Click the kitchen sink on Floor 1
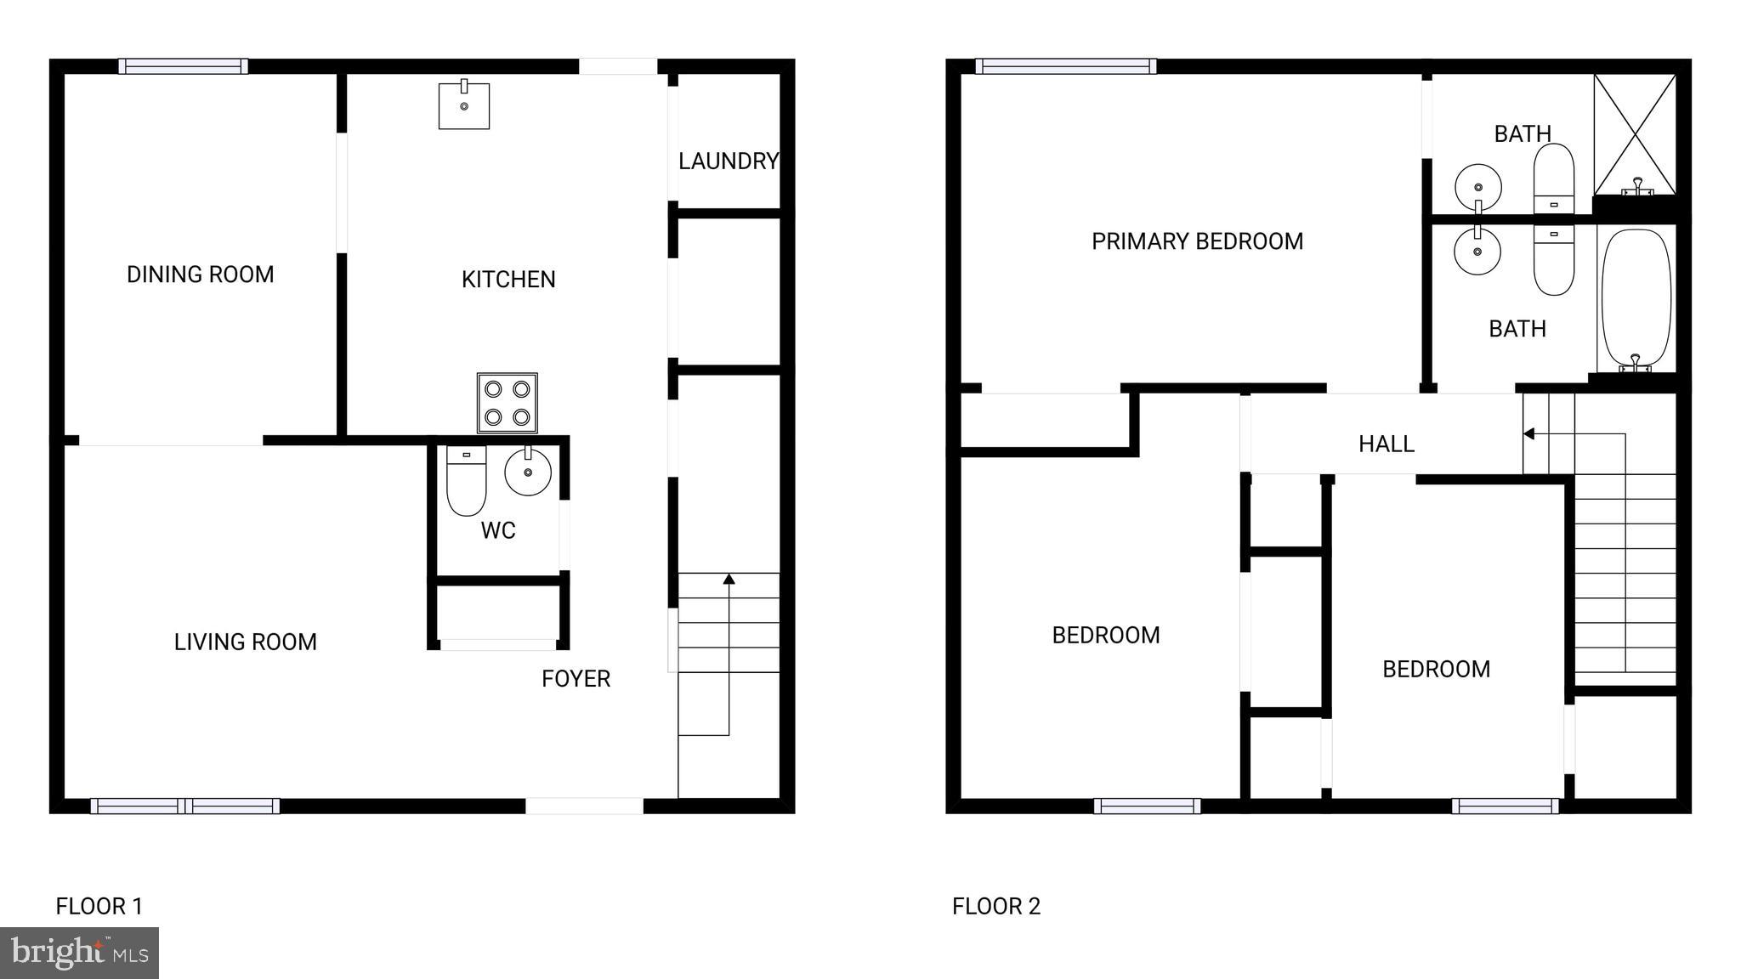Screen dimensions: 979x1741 pos(464,105)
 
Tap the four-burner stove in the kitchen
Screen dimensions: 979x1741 pos(507,403)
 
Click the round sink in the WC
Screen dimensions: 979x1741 pos(528,472)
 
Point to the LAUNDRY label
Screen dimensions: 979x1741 pos(729,161)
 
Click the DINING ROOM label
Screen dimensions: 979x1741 pos(201,274)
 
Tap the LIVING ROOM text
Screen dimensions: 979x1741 pos(245,642)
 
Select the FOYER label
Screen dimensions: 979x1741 pos(576,678)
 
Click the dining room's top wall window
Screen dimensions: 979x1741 pos(183,66)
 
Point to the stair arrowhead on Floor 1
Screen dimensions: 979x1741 pos(729,580)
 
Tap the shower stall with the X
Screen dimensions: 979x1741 pos(1635,134)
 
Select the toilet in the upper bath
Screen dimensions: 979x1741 pos(1553,178)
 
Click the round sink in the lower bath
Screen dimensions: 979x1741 pos(1477,252)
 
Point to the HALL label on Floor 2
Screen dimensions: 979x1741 pos(1386,444)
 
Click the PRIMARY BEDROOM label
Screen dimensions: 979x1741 pos(1197,241)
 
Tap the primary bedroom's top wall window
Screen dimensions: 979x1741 pos(1065,66)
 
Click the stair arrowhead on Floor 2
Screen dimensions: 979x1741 pos(1528,434)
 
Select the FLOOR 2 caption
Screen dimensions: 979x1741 pos(995,906)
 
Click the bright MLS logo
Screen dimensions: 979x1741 pos(79,953)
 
